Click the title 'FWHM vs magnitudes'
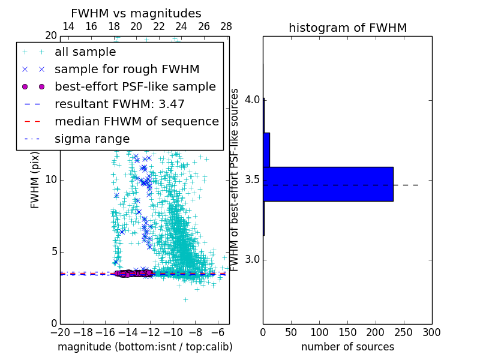136,13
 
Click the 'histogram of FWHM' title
347,28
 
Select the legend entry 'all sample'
85,52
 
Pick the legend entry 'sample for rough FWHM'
127,70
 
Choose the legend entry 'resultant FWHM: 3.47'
119,104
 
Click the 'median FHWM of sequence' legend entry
136,121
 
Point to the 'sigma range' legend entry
92,139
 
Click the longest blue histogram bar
328,184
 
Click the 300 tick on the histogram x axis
431,332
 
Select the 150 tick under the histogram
347,332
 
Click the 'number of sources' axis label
347,347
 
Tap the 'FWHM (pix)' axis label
35,180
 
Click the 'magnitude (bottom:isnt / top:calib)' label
145,347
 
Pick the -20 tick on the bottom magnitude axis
60,332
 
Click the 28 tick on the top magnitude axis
226,26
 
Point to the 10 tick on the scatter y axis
51,180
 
